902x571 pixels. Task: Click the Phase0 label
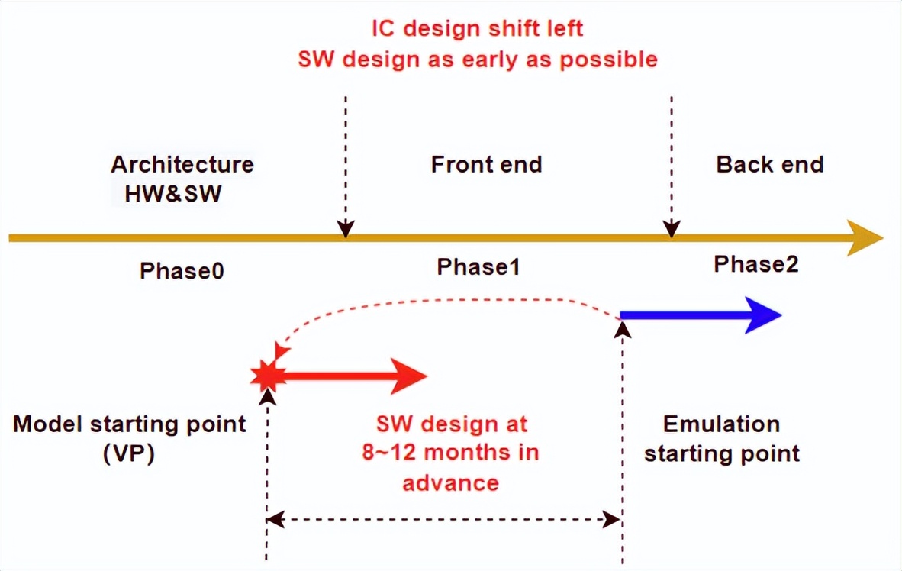(182, 270)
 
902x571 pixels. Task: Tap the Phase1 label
(478, 266)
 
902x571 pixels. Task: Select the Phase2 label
(756, 264)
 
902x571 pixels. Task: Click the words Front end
(487, 165)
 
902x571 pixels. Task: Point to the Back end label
(770, 165)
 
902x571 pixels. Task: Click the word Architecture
(182, 165)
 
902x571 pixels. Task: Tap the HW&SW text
(173, 193)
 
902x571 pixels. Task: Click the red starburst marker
(268, 376)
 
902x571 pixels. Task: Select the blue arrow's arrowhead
(763, 315)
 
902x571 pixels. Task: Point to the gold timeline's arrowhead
(865, 237)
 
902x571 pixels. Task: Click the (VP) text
(129, 453)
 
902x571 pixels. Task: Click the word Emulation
(721, 424)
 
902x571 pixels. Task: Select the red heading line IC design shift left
(478, 28)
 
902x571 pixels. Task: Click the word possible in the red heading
(609, 60)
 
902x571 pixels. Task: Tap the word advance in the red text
(450, 482)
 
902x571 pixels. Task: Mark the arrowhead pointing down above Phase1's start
(345, 229)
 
